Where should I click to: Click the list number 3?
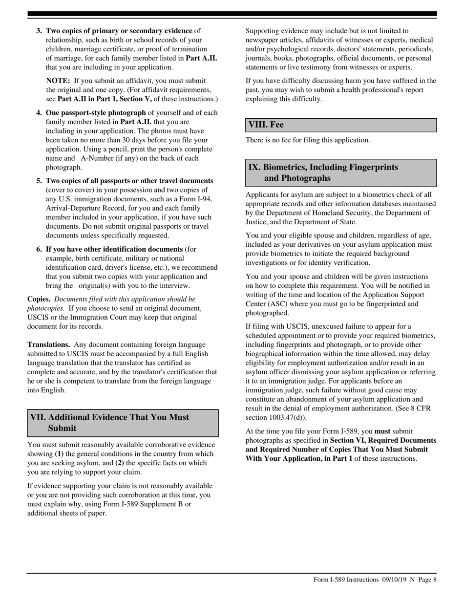point(39,31)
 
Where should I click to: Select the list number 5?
point(39,181)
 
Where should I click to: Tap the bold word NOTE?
point(58,81)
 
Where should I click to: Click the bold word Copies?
point(39,299)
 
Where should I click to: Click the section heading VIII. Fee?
point(266,125)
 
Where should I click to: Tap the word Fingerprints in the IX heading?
point(374,167)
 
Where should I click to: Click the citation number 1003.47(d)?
point(288,418)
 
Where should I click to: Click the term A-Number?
point(98,158)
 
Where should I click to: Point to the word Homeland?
point(330,213)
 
